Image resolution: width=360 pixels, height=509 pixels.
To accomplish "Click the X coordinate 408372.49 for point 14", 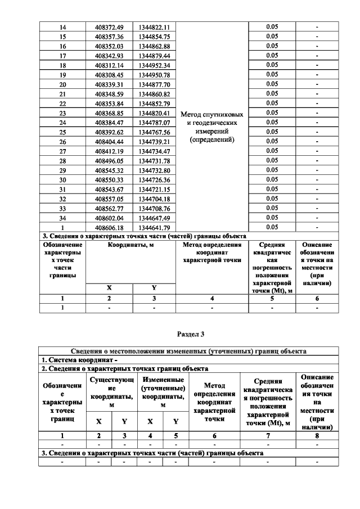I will click(x=109, y=26).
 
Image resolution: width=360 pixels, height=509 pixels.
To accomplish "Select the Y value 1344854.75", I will click(x=155, y=36).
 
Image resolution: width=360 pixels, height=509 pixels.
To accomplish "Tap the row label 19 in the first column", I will click(x=62, y=74).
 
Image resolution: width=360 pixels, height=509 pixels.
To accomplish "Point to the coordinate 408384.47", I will click(x=109, y=122).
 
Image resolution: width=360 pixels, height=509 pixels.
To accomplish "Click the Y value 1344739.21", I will click(x=155, y=141).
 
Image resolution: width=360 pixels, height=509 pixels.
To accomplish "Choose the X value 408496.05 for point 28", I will click(x=109, y=160).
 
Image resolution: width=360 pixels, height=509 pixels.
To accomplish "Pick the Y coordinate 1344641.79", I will click(x=155, y=227).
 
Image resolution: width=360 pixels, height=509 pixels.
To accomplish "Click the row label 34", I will click(x=62, y=218).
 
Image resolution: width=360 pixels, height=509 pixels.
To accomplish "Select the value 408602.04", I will click(x=109, y=218).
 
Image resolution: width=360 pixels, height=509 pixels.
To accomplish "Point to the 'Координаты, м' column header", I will click(x=132, y=245).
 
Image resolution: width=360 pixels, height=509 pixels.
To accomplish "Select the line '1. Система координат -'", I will click(x=79, y=359).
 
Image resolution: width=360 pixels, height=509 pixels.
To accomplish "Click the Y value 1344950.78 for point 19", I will click(x=155, y=74).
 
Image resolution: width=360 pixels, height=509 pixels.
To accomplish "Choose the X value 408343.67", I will click(x=109, y=189).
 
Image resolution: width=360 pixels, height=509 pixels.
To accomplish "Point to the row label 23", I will click(x=62, y=112).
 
